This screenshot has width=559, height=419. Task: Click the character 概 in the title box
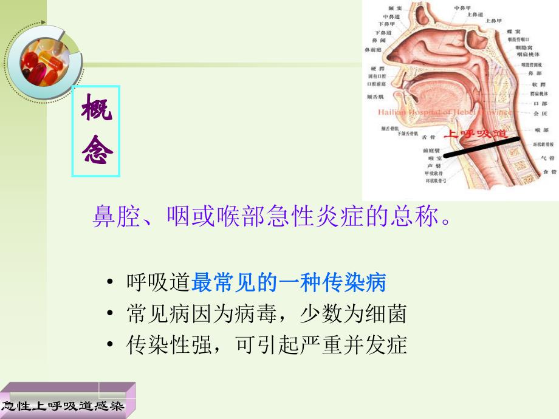(96, 111)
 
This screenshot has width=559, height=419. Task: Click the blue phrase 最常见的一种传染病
(289, 282)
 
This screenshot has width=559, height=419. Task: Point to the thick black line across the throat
(483, 146)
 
